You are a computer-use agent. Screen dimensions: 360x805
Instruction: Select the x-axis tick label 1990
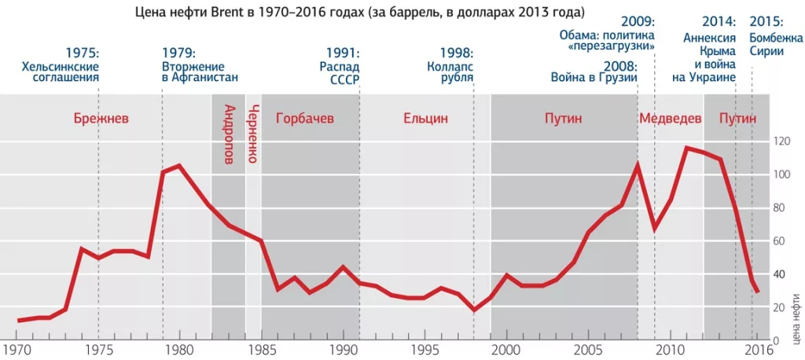(x=343, y=350)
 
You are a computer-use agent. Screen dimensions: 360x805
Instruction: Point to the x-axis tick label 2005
(x=589, y=350)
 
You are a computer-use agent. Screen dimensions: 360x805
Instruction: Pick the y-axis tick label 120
(x=781, y=141)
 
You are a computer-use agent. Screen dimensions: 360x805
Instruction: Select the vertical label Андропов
(x=229, y=134)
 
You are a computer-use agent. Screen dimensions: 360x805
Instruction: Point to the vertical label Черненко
(x=253, y=134)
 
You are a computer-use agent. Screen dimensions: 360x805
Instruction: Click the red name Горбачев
(x=304, y=119)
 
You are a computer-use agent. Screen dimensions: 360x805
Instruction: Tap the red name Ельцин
(x=425, y=119)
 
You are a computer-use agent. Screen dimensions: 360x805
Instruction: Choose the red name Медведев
(x=670, y=119)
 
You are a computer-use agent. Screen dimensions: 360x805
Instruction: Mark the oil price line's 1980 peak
(x=179, y=165)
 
